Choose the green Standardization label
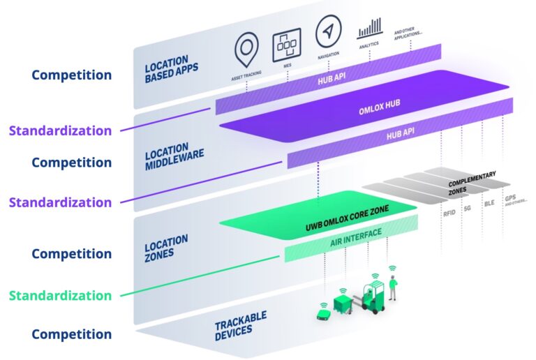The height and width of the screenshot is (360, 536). point(60,295)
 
